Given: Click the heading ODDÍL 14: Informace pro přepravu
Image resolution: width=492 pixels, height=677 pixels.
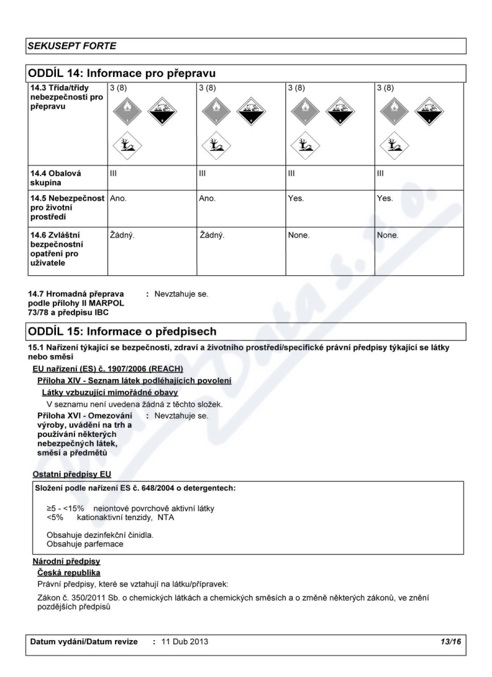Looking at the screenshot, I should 122,74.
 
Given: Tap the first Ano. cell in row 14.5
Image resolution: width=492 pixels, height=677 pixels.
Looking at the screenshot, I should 118,199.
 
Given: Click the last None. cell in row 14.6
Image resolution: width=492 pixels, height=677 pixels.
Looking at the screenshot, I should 388,234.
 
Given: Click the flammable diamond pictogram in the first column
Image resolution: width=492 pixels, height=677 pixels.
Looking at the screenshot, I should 128,111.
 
